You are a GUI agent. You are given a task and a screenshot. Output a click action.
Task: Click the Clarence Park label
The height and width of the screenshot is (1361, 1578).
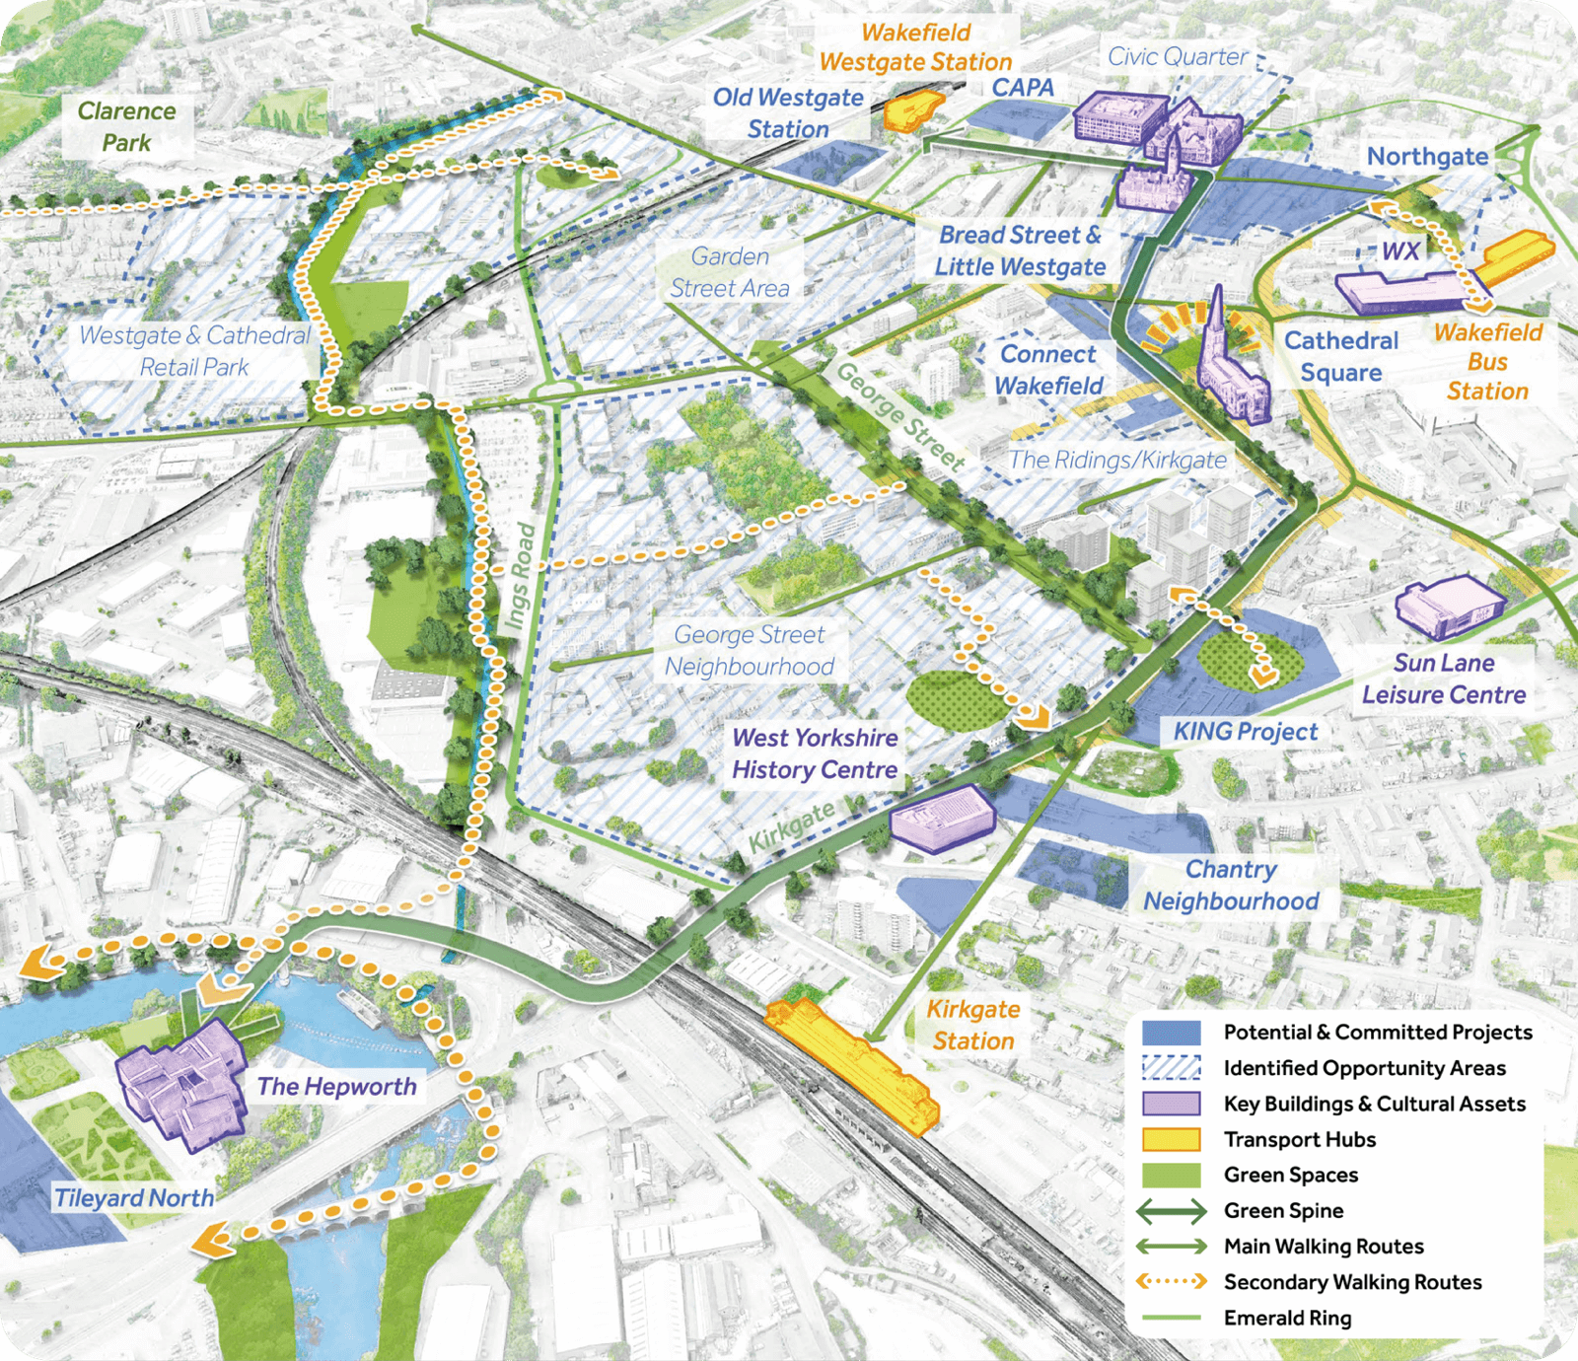tap(126, 126)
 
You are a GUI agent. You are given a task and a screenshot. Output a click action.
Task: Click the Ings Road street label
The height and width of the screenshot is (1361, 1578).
tap(520, 576)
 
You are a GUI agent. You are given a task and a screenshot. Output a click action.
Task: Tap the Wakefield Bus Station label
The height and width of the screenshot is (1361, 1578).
tap(1487, 361)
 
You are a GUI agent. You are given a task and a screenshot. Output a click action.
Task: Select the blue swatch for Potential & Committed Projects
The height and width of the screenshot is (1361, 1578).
tap(1171, 1033)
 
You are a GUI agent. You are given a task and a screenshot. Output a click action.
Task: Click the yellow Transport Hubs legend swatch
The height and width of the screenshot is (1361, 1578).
tap(1171, 1139)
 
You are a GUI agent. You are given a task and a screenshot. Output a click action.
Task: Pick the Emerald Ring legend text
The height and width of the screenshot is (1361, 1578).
tap(1287, 1318)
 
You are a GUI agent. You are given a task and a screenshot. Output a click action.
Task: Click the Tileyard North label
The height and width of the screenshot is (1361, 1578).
tap(133, 1197)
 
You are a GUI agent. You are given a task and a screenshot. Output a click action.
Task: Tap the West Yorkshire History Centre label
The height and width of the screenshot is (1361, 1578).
tap(815, 753)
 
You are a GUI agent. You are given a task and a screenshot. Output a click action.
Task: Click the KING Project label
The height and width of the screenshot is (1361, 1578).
tap(1245, 731)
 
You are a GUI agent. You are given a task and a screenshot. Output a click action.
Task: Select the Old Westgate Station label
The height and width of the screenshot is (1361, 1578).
tap(788, 112)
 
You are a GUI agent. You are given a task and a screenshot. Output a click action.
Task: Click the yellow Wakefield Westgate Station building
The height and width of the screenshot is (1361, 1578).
tap(912, 109)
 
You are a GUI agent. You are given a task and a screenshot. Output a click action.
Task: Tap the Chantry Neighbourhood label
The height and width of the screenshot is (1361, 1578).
tap(1231, 885)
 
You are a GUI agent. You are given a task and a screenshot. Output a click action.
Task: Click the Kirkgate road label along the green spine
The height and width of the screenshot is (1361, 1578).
tap(791, 826)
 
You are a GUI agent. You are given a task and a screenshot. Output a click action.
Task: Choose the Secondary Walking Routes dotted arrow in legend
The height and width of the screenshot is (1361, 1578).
tap(1171, 1282)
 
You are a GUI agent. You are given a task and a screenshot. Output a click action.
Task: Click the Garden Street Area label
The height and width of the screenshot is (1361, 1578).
tap(730, 272)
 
